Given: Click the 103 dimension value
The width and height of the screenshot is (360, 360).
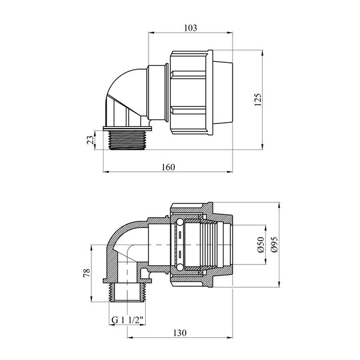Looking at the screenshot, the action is pyautogui.click(x=190, y=28).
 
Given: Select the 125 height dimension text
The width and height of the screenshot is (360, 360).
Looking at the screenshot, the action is pyautogui.click(x=258, y=99).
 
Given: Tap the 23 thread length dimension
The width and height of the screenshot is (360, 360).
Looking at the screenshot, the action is pyautogui.click(x=90, y=140).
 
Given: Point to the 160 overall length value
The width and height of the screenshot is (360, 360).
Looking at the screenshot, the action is pyautogui.click(x=169, y=167).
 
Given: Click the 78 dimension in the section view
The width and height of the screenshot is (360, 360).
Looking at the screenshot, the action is pyautogui.click(x=87, y=273).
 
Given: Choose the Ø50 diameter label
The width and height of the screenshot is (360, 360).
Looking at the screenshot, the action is pyautogui.click(x=261, y=245).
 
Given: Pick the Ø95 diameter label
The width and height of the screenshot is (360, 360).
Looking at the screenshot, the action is pyautogui.click(x=274, y=245).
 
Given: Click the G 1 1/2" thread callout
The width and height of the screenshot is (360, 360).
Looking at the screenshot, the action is pyautogui.click(x=127, y=320).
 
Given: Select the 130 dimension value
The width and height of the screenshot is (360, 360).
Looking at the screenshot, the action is pyautogui.click(x=180, y=333).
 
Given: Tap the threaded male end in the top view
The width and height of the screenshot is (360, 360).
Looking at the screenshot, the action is pyautogui.click(x=127, y=140).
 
